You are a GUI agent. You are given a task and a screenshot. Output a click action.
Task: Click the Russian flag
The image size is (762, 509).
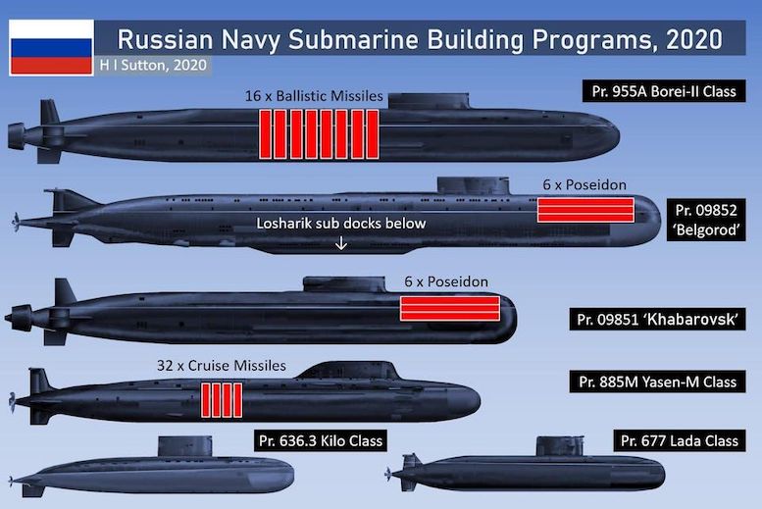coord(51,48)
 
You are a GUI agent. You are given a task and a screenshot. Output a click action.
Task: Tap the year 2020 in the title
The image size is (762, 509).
coord(694,40)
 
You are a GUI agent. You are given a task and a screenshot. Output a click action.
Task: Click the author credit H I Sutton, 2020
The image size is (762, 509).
coord(153,65)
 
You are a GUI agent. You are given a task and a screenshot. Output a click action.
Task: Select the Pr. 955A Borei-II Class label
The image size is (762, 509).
coord(664,91)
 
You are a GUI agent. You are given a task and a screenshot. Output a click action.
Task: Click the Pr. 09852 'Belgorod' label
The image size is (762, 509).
coord(706,220)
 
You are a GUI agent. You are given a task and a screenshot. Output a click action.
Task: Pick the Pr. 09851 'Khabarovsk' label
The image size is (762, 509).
coord(657,320)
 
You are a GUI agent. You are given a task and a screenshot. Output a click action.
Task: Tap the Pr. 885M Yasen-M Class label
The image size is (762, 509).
coord(657,382)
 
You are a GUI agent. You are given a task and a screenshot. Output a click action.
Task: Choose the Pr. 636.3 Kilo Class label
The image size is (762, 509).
coord(321,440)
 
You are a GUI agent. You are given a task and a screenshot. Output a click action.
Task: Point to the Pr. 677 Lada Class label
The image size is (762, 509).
coord(680,440)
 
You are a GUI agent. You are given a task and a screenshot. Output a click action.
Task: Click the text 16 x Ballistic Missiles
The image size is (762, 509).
coord(314,96)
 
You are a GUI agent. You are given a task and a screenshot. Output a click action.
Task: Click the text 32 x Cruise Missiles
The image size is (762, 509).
coord(222,365)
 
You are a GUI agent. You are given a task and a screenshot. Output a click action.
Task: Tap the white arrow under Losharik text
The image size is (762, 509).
coord(341,242)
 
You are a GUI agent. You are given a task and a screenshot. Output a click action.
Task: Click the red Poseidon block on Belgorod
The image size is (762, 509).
coord(585,210)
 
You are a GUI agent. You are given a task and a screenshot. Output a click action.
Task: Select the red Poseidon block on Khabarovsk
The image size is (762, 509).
coord(450,308)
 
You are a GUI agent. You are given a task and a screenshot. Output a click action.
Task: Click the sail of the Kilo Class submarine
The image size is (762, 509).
coord(185,446)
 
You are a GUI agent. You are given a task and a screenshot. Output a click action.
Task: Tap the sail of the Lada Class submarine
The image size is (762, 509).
coord(560,446)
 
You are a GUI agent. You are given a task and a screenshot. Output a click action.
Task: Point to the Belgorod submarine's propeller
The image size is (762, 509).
coord(17,223)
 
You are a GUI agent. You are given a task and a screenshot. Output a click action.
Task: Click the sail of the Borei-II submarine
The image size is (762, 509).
coord(429,101)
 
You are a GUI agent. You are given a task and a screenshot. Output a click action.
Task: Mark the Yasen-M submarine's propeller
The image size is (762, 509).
coord(12,402)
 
